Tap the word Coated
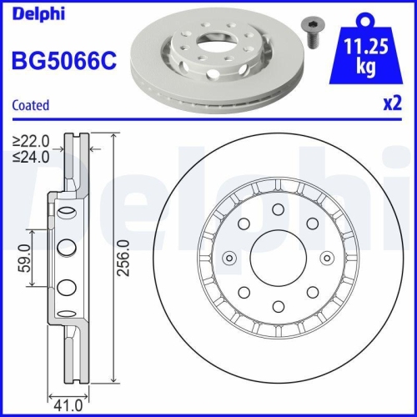tap(31, 105)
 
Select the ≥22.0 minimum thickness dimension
tap(32, 141)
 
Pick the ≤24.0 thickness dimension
tap(32, 155)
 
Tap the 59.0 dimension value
tap(25, 259)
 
